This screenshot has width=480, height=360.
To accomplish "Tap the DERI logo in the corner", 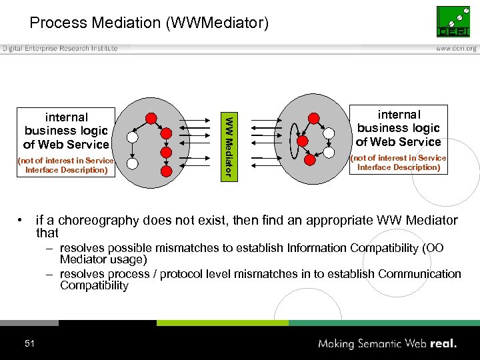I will pyautogui.click(x=453, y=21).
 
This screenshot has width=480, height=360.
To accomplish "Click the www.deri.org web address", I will pyautogui.click(x=457, y=49).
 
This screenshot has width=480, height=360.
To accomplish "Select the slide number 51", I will pyautogui.click(x=29, y=343).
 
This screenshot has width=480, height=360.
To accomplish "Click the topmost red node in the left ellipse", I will pyautogui.click(x=151, y=118).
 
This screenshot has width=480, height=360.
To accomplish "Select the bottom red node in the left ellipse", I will pyautogui.click(x=165, y=170).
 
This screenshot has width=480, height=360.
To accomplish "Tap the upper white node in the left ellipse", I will pyautogui.click(x=132, y=137).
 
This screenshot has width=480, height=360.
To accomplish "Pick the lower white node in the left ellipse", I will pyautogui.click(x=132, y=163).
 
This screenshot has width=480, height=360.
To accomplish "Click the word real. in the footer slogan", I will pyautogui.click(x=442, y=344).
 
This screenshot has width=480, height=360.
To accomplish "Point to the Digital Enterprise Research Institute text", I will pyautogui.click(x=60, y=49).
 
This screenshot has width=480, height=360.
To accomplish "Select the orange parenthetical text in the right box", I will pyautogui.click(x=399, y=163).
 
